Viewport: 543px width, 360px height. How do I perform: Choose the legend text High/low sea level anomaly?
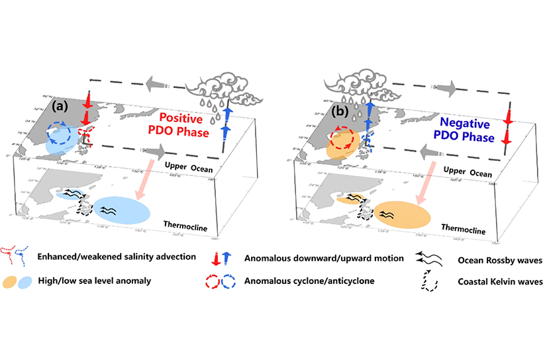click(105, 281)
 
